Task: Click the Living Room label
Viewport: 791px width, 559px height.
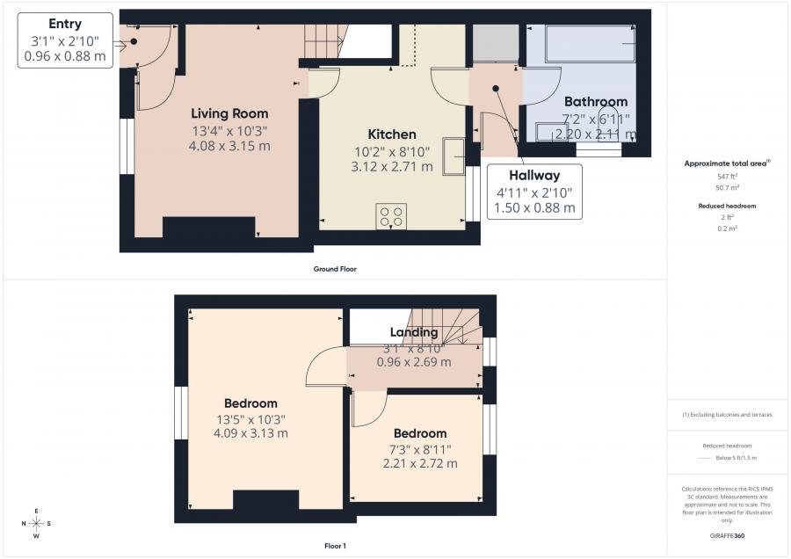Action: (x=229, y=113)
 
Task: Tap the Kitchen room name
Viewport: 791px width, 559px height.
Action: (x=391, y=134)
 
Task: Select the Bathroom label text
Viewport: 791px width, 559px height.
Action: (x=595, y=101)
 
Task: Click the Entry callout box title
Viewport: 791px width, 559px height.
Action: (x=65, y=24)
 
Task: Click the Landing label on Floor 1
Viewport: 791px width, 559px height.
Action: (x=414, y=332)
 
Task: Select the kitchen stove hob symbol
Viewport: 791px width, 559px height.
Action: (x=391, y=216)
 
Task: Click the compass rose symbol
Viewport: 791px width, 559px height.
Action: (x=36, y=524)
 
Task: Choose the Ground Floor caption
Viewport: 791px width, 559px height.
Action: (x=335, y=269)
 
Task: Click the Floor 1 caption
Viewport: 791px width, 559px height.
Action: (x=335, y=546)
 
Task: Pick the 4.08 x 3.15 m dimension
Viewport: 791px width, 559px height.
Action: (x=229, y=145)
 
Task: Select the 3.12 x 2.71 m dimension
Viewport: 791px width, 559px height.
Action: (x=391, y=166)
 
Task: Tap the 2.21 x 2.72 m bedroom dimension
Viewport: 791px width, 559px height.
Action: (x=419, y=463)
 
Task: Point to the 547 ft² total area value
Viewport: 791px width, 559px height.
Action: (x=726, y=176)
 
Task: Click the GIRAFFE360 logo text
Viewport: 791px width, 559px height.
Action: (x=726, y=534)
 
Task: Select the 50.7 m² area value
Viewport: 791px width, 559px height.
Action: (x=726, y=187)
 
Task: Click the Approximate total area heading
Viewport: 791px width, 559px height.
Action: (x=726, y=163)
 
